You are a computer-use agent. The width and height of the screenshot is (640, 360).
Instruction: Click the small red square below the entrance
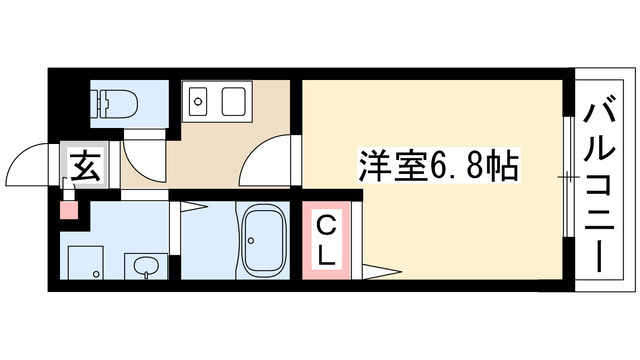coord(67,210)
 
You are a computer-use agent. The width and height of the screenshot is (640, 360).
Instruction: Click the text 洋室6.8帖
coord(437,164)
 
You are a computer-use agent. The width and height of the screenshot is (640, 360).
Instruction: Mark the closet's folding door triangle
coord(382,270)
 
